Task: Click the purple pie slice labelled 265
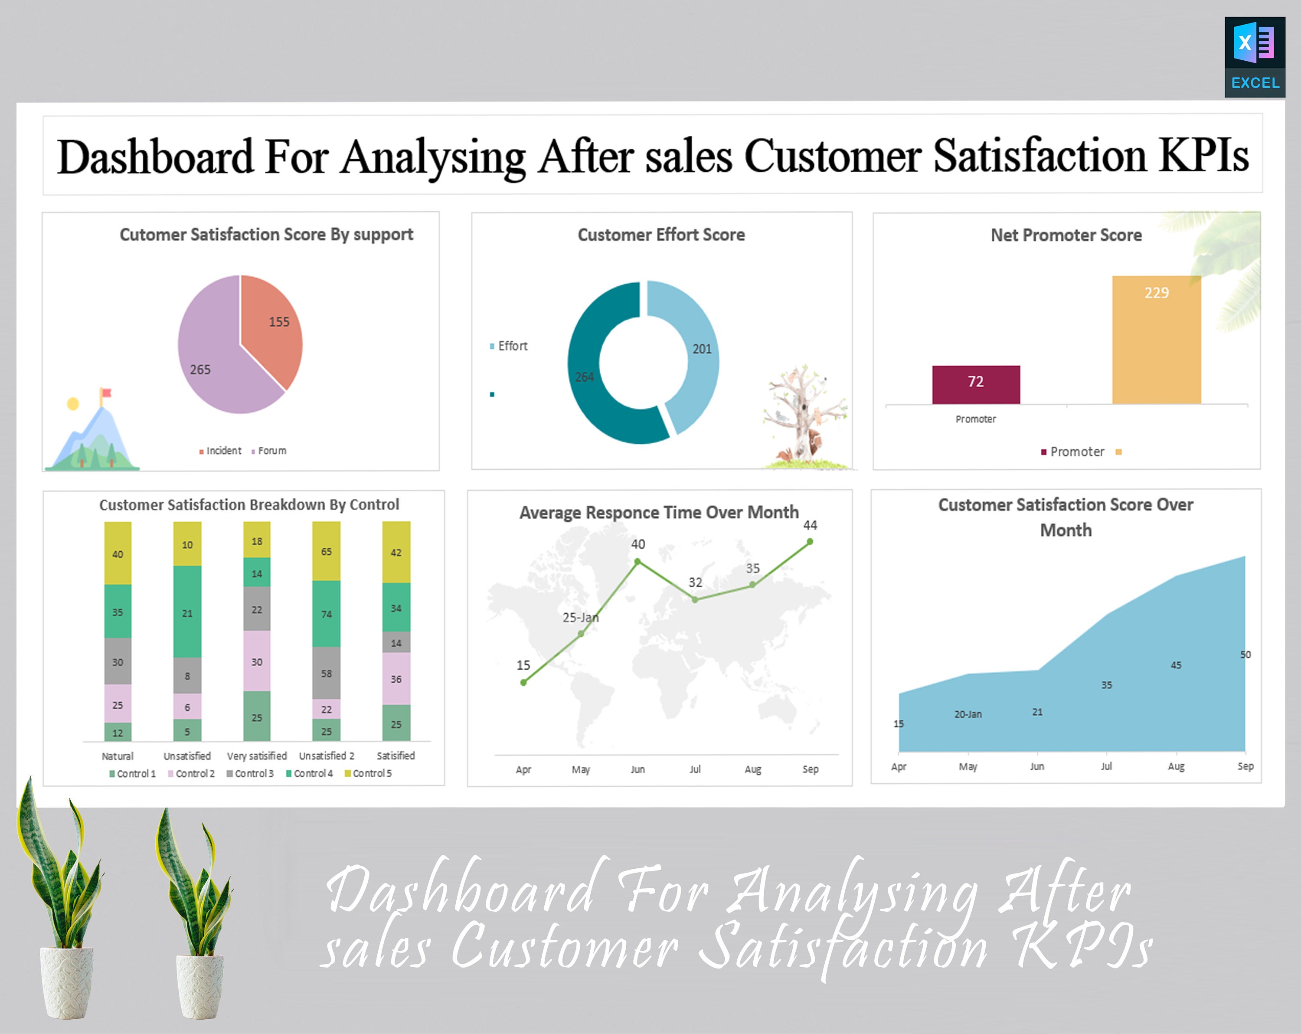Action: [x=211, y=362]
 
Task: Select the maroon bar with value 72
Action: [x=976, y=385]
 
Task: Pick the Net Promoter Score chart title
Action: [x=1066, y=235]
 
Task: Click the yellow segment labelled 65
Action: [x=326, y=552]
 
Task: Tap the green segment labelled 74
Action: [x=326, y=614]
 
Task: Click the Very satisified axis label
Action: [x=256, y=756]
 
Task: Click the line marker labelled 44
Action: [x=810, y=542]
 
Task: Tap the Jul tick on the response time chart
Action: [x=695, y=769]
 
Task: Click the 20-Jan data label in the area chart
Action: [x=968, y=714]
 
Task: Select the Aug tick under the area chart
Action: [x=1176, y=766]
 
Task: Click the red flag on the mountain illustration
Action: [x=107, y=393]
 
